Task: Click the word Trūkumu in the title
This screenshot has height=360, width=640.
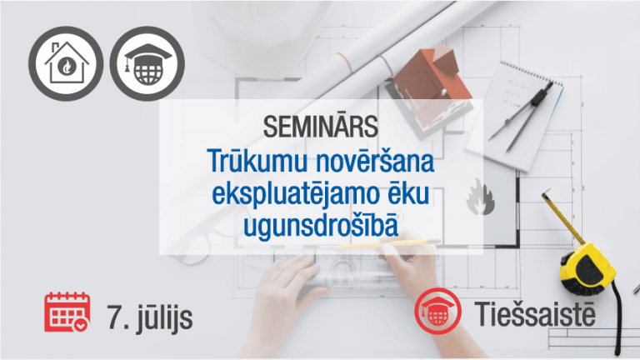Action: click(257, 161)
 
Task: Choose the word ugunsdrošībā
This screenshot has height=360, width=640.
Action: click(321, 226)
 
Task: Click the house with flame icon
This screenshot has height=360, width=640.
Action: click(66, 63)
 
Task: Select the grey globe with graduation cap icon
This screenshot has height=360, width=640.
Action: click(147, 63)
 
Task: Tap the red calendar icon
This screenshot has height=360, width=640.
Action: click(67, 312)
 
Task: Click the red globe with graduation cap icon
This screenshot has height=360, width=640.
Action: click(438, 311)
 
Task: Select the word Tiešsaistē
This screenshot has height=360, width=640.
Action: click(535, 313)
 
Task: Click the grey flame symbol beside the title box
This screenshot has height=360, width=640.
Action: click(481, 197)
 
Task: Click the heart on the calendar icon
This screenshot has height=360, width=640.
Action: click(80, 325)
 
